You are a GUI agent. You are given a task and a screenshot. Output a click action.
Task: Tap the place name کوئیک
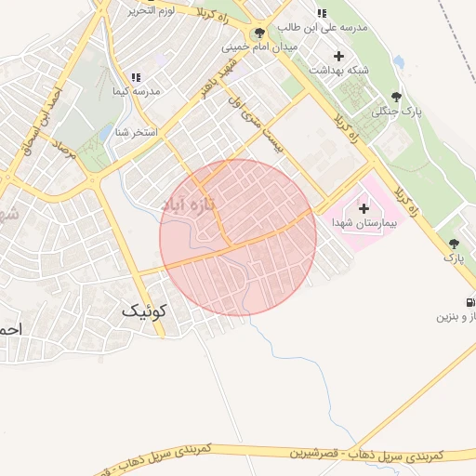(146, 312)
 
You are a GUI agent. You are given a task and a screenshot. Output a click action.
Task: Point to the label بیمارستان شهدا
(363, 223)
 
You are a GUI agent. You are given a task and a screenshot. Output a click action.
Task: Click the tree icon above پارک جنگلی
(397, 96)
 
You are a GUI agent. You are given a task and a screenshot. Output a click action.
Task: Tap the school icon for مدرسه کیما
(136, 78)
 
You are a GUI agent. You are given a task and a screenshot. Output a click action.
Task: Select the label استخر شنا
(134, 132)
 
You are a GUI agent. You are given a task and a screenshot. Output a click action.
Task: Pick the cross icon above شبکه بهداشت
(337, 56)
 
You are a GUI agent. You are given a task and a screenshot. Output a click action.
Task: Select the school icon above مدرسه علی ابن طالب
(322, 13)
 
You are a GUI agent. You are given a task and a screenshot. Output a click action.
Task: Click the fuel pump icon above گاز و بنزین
(469, 301)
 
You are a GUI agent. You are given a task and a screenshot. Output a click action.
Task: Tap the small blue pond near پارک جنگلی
(399, 62)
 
